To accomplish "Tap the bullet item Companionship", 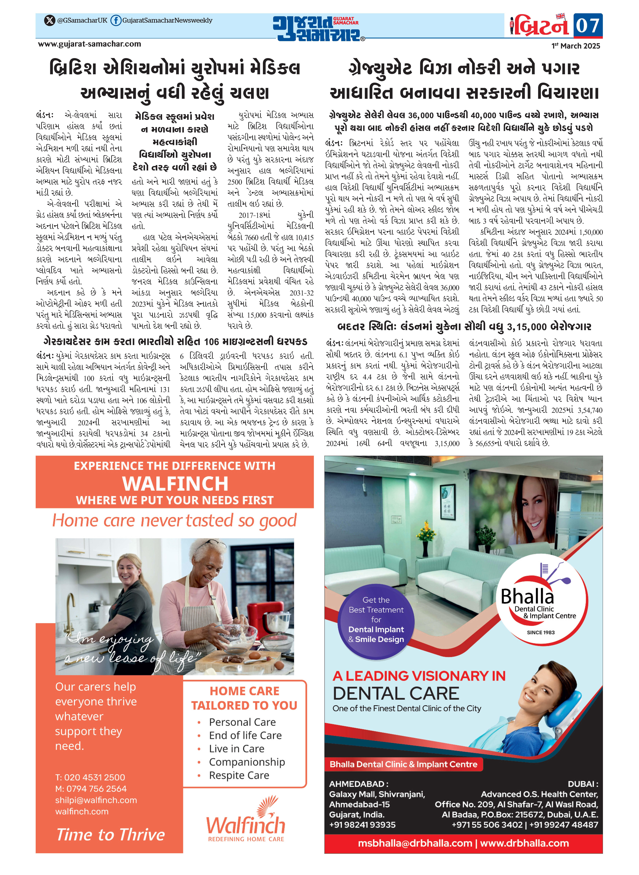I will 247,762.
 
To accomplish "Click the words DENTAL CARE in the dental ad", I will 396,694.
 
